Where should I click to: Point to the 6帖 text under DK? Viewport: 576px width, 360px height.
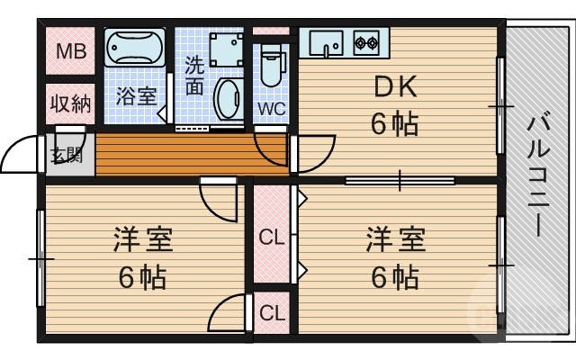[x=394, y=123]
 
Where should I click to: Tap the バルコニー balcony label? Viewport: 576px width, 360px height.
[x=540, y=175]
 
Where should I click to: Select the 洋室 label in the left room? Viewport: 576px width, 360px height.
[x=142, y=241]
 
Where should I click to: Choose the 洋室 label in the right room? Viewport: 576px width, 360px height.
[x=394, y=241]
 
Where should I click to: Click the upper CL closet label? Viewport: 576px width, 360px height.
[x=271, y=238]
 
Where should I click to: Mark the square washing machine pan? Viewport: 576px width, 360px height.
[x=226, y=50]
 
